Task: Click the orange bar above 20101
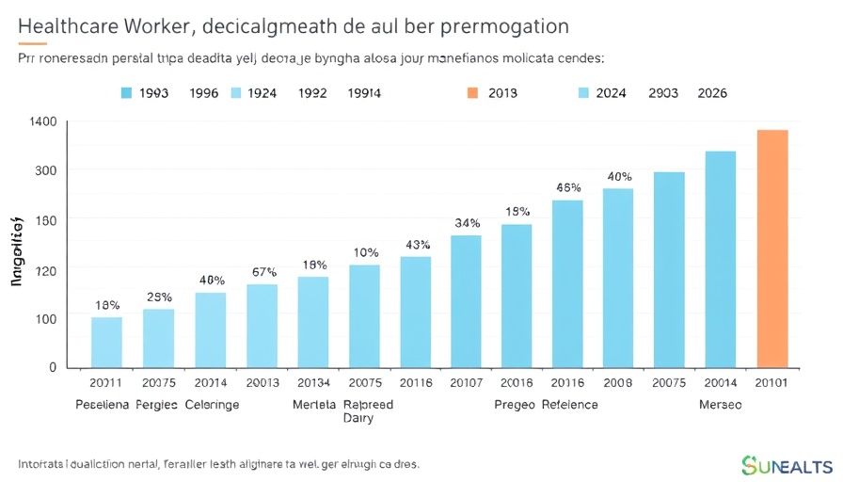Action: click(x=772, y=248)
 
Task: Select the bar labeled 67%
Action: click(x=262, y=325)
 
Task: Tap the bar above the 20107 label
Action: click(x=466, y=300)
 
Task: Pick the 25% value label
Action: click(x=159, y=297)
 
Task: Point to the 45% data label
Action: click(x=568, y=187)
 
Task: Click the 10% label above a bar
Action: click(x=365, y=252)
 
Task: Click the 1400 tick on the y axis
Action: click(x=43, y=121)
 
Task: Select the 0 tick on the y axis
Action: click(x=53, y=367)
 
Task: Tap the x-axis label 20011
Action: click(x=106, y=384)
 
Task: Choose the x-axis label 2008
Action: click(x=617, y=384)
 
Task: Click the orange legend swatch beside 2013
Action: click(x=472, y=93)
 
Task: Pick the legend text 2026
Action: click(x=711, y=93)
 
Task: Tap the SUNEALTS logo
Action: click(x=787, y=465)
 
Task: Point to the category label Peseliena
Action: click(x=103, y=405)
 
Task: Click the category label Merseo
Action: click(x=720, y=405)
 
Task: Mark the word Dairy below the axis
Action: click(x=358, y=419)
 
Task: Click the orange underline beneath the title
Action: click(x=32, y=43)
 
